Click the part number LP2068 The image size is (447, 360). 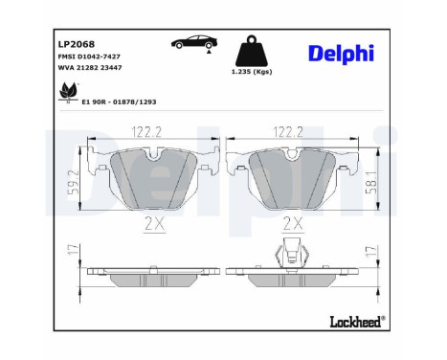77,44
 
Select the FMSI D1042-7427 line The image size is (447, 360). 89,56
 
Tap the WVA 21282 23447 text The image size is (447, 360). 90,68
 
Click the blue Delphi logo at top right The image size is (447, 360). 341,54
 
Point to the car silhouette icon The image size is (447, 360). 194,42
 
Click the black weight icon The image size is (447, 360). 252,51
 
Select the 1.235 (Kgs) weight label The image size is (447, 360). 252,72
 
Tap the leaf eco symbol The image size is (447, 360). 69,92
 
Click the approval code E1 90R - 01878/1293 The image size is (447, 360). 119,102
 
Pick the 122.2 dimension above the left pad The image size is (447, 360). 146,132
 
